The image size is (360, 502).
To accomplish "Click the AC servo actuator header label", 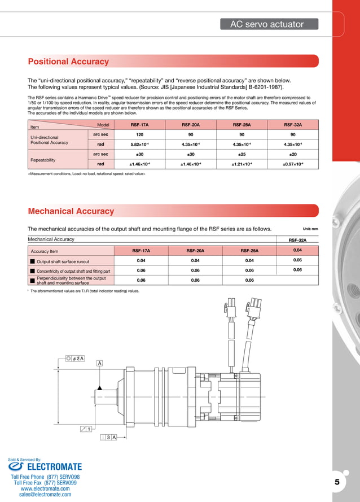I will tap(267, 24).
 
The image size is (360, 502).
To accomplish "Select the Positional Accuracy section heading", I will tap(68, 62).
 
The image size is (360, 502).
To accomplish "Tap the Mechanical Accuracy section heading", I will tap(71, 211).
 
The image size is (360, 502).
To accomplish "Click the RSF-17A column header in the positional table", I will tap(139, 125).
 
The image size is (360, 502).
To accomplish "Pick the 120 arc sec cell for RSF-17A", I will tap(139, 134).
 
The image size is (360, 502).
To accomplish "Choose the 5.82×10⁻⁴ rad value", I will tap(139, 145).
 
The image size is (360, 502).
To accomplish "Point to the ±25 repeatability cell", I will tap(242, 154).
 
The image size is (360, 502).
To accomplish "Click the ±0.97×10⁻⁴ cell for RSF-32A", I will tap(293, 164).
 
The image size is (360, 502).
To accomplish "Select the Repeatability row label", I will tap(42, 160).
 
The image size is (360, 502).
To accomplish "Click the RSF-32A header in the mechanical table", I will tap(297, 239).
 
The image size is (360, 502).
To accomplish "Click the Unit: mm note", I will tap(310, 229).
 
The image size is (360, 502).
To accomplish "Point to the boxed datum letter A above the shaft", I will tap(100, 363).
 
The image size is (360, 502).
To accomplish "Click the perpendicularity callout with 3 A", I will tap(108, 438).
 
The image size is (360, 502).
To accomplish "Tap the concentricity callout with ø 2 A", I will tap(75, 358).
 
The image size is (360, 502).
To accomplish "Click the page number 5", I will tap(337, 482).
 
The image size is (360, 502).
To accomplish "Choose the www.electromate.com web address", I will tap(45, 488).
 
